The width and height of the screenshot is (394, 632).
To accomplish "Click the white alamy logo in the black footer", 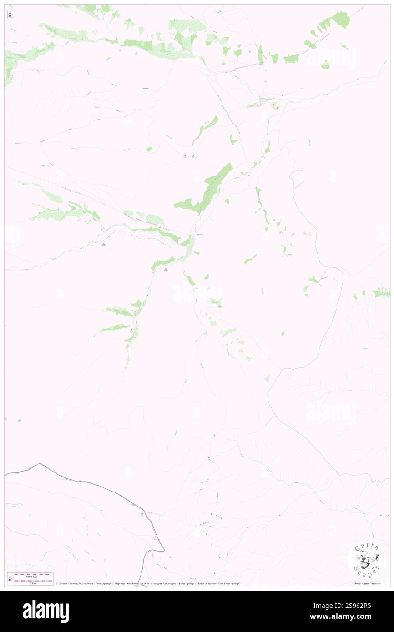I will (45, 611).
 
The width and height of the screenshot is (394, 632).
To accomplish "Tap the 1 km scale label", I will (33, 583).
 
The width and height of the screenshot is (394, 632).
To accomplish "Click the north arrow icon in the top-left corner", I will (10, 14).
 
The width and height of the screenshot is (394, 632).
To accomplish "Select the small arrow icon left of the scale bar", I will (10, 578).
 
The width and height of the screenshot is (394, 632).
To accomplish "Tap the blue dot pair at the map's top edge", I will (219, 11).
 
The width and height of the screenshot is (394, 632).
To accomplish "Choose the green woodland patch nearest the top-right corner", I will (341, 19).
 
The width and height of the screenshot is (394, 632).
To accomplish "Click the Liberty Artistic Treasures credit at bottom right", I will (369, 583).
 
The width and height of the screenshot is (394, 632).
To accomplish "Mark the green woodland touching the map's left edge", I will (9, 66).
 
